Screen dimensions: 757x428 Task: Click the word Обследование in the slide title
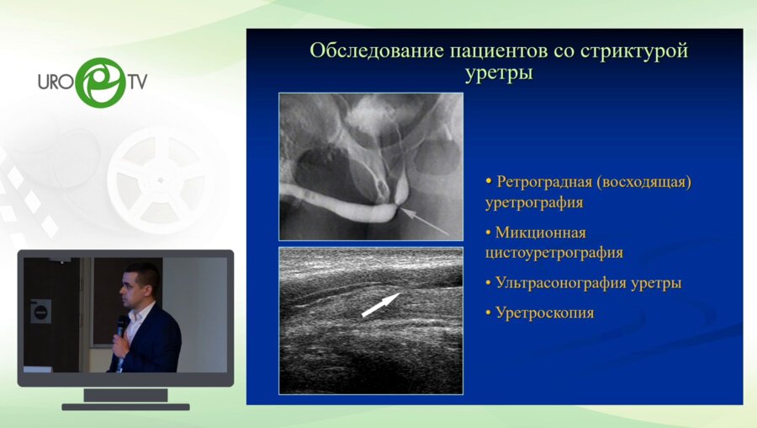click(377, 51)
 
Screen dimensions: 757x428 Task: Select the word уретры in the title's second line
click(499, 73)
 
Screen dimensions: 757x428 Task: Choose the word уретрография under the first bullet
click(534, 203)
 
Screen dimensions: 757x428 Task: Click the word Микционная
click(541, 233)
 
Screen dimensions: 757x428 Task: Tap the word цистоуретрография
click(554, 253)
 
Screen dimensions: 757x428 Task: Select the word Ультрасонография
click(561, 283)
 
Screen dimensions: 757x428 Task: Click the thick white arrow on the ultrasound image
click(381, 305)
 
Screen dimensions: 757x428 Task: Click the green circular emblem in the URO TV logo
click(101, 83)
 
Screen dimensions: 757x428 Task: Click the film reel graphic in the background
click(161, 180)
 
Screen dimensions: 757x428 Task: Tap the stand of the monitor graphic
click(125, 399)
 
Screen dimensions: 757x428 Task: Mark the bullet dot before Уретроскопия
click(488, 313)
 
